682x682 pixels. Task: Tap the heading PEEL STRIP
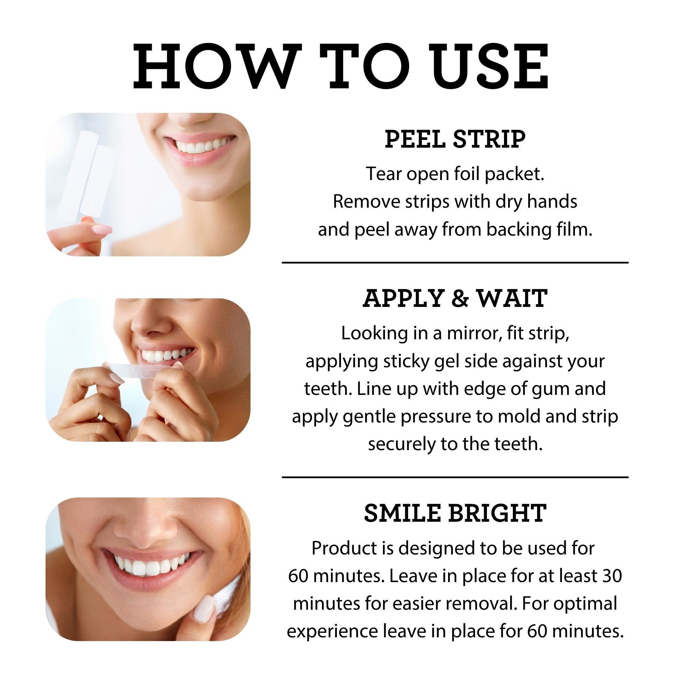[x=455, y=139]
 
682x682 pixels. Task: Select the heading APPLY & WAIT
[x=455, y=299]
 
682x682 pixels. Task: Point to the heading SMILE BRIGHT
[x=455, y=513]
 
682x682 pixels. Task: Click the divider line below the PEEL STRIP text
[x=455, y=263]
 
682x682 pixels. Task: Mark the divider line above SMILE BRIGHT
[x=455, y=477]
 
